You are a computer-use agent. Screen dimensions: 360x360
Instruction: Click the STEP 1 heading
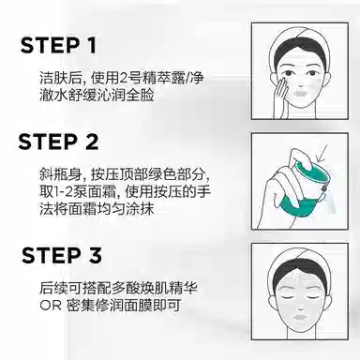58,45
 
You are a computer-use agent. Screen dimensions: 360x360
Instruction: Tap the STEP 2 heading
58,142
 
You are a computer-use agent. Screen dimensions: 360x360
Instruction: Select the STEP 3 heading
62,255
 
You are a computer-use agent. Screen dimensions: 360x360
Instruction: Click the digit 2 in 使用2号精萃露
124,78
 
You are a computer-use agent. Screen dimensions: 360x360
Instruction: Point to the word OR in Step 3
51,306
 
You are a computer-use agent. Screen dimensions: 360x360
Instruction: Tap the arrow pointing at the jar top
322,153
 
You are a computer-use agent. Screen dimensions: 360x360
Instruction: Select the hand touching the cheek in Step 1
281,96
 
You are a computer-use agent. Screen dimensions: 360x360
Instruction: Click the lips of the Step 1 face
300,93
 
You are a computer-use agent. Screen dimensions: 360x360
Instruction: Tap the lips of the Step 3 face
300,316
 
